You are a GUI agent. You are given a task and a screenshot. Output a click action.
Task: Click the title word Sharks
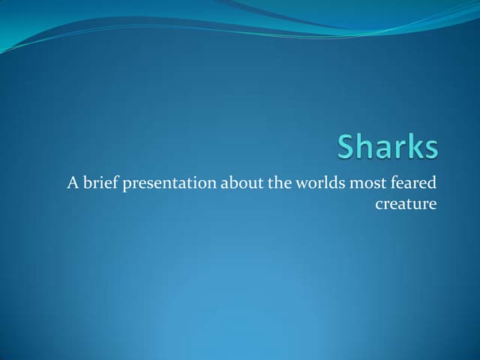coord(387,147)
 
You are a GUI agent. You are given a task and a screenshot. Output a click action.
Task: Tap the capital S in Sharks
coord(346,147)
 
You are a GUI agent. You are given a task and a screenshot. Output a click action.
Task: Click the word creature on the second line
coord(406,204)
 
